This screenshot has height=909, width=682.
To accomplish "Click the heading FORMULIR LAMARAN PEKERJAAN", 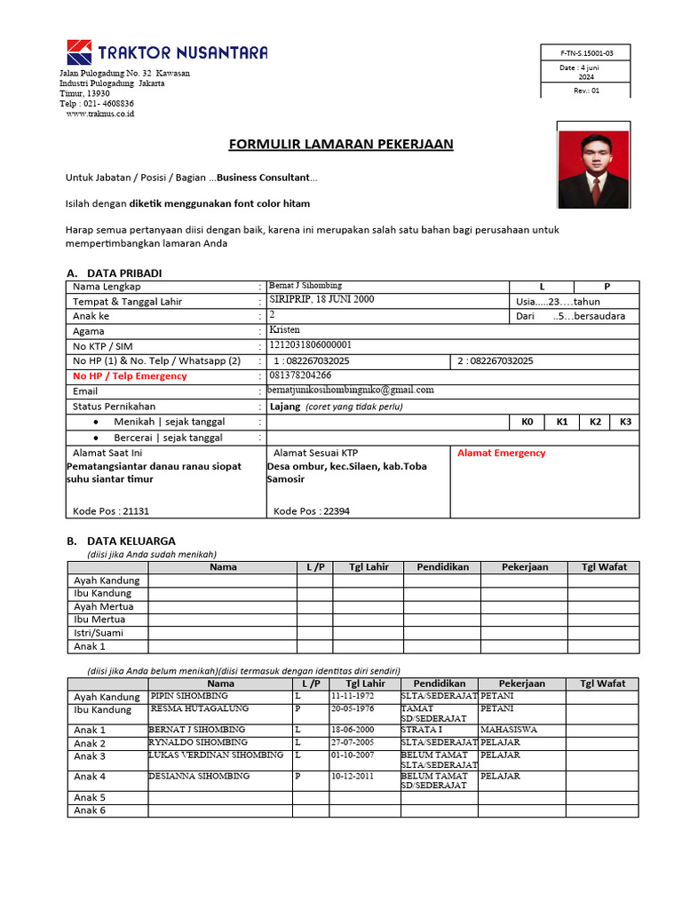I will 341,144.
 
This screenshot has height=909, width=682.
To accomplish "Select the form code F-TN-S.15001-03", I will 586,52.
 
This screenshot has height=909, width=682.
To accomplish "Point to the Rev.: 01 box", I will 586,90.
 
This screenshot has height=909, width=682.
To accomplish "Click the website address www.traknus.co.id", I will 99,114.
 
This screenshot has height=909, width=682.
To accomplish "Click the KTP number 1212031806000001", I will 310,344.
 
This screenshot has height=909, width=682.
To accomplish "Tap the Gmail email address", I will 351,390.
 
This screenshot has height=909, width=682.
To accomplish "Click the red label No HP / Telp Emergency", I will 130,375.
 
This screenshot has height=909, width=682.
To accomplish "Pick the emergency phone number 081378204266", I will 300,375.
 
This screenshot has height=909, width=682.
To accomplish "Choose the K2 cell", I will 595,422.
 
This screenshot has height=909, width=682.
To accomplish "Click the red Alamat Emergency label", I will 501,453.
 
